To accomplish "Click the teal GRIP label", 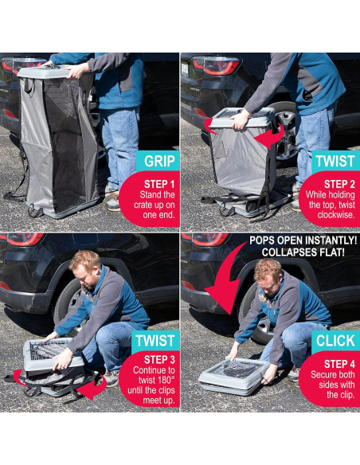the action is [158, 161].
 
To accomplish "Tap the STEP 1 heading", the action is [159, 184].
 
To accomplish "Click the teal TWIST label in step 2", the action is [335, 161].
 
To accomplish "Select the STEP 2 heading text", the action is [339, 184].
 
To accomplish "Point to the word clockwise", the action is [336, 215].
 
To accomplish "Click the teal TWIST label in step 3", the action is [155, 341].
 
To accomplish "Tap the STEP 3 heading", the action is [159, 360].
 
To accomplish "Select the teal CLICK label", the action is [335, 341].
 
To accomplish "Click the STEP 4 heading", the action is [339, 364].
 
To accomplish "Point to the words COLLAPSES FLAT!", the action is [303, 252].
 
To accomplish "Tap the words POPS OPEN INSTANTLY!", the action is [303, 240].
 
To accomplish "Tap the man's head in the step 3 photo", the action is [87, 268].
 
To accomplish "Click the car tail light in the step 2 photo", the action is [216, 64].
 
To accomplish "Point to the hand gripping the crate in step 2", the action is [241, 119].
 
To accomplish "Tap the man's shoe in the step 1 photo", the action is [113, 204].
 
